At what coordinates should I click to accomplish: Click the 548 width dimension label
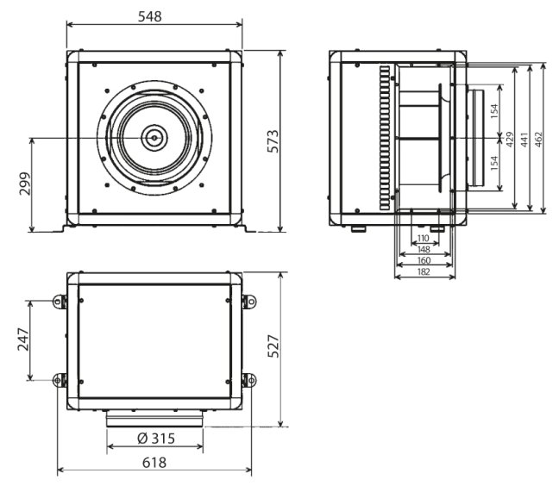tap(150, 16)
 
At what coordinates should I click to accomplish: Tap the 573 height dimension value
tap(273, 141)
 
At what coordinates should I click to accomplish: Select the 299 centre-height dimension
tap(25, 184)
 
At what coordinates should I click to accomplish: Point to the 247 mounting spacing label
tap(23, 339)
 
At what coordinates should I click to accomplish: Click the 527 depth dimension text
tap(273, 346)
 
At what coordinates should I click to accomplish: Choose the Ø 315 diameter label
tap(156, 439)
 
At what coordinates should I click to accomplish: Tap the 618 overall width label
tap(154, 463)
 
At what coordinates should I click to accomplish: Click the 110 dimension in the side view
tap(424, 238)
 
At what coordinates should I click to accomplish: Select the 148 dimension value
tap(424, 249)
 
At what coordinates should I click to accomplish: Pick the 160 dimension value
tap(424, 260)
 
